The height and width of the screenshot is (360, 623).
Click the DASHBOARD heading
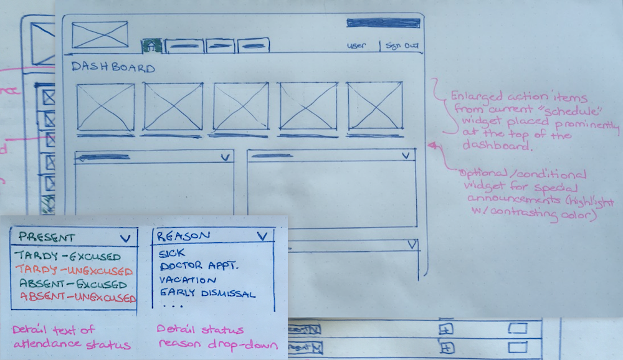tap(113, 67)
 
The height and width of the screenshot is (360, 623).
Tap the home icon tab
tap(151, 45)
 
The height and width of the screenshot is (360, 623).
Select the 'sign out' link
tap(402, 45)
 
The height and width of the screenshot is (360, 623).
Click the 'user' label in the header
tap(356, 45)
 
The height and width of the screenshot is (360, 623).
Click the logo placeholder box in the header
tap(100, 35)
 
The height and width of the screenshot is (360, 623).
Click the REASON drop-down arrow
tap(262, 236)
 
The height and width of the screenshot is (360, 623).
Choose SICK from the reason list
tap(172, 254)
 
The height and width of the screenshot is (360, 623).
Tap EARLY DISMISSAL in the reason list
tap(207, 293)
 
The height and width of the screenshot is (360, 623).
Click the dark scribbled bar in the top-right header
tap(383, 24)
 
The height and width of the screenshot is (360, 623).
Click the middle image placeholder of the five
tap(240, 107)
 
